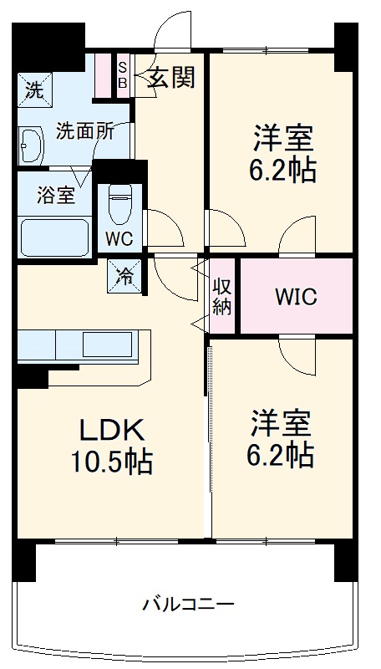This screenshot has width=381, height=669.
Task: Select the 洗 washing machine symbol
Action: click(x=33, y=90)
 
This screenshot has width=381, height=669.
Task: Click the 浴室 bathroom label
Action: click(x=55, y=197)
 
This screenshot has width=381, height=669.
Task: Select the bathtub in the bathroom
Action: click(x=54, y=236)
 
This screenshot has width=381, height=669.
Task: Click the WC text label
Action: click(x=118, y=237)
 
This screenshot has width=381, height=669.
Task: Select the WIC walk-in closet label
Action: click(x=296, y=298)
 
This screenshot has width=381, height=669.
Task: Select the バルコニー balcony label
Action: click(x=187, y=603)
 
